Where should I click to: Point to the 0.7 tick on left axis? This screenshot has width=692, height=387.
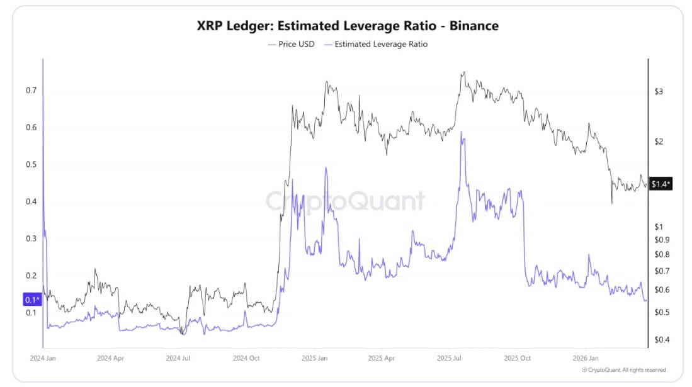31,91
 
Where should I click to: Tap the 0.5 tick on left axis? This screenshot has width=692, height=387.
31,165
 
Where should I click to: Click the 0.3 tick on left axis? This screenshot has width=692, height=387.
31,239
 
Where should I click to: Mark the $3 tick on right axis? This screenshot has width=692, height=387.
659,92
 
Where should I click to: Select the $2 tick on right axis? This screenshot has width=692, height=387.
659,142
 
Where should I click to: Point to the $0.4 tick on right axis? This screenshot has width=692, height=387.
662,340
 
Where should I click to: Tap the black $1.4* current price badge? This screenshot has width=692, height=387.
661,184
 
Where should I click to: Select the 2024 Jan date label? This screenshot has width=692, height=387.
43,357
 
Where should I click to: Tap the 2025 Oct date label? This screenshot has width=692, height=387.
518,357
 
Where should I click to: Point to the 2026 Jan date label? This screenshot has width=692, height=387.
586,357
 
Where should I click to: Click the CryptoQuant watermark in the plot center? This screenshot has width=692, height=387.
345,201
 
